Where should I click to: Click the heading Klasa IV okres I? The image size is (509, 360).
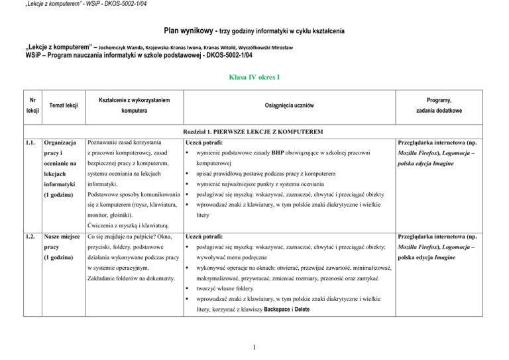click(254, 77)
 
